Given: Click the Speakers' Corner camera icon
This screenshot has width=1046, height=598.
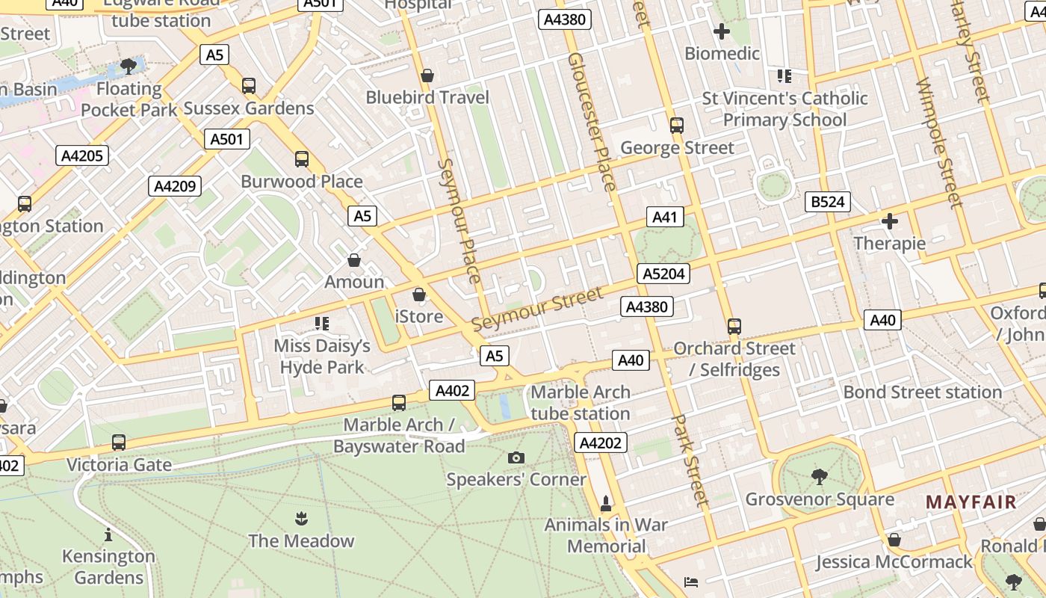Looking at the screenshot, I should (x=516, y=457).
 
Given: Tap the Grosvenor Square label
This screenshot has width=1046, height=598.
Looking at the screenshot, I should (x=819, y=499).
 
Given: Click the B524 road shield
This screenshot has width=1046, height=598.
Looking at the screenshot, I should (x=827, y=202).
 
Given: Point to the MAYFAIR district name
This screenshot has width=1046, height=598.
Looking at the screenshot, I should (x=971, y=502).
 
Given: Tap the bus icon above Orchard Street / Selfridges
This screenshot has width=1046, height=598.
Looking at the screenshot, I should (x=734, y=327).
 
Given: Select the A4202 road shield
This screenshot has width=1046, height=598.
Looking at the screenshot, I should (x=600, y=443).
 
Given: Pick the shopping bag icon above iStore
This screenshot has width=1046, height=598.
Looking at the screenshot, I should (x=419, y=295).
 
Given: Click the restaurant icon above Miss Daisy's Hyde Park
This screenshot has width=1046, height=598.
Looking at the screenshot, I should (x=322, y=324).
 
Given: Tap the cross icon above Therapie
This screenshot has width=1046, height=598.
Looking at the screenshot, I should (x=889, y=221).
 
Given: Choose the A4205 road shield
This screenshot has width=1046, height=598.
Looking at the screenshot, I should (x=82, y=155).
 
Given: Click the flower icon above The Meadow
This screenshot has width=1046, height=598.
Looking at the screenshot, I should (x=301, y=518).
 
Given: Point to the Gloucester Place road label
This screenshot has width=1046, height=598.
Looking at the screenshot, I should (x=591, y=121).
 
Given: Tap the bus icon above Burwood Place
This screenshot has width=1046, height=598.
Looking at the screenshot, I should (x=302, y=159).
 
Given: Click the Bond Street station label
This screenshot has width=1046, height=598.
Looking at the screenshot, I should (x=922, y=392).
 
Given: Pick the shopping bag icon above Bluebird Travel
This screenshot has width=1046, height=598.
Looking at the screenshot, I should (x=427, y=75).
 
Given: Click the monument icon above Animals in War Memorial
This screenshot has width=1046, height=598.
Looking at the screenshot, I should (x=606, y=503).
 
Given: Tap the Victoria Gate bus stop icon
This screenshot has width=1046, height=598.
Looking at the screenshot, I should (x=118, y=443).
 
